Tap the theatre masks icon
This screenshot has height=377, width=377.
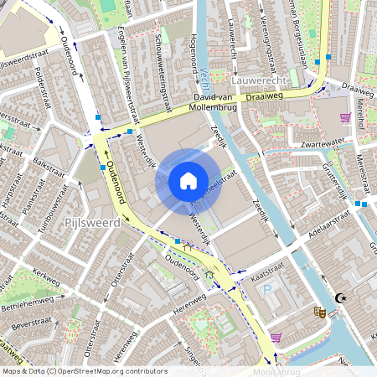click(x=318, y=312)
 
